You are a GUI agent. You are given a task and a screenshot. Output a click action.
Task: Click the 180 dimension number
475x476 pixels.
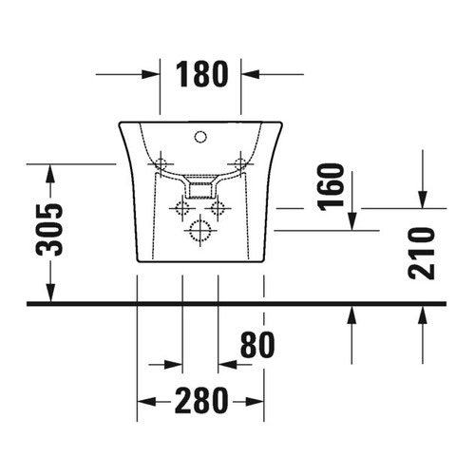[x=201, y=74]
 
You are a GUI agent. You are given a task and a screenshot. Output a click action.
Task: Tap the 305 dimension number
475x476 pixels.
[x=49, y=230]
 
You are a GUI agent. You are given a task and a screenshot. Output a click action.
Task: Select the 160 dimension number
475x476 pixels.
[x=331, y=187]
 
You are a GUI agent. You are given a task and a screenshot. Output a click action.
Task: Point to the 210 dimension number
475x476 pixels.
[x=421, y=254]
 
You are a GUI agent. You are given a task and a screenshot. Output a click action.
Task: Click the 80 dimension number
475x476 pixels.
[x=257, y=345]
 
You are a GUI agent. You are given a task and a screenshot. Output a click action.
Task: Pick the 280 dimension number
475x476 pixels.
[x=201, y=401]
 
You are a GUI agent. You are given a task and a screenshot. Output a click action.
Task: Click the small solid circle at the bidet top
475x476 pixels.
[x=200, y=137]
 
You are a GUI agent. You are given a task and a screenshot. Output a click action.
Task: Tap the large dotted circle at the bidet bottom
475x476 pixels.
[x=200, y=230]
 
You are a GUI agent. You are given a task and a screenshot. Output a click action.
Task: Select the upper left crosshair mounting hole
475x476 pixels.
[x=161, y=163]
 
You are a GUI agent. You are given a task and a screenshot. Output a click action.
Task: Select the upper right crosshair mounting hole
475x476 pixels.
[x=240, y=163]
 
